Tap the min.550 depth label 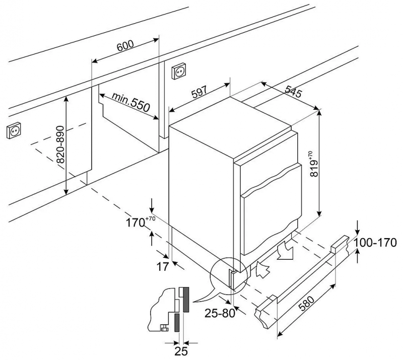pos(131,102)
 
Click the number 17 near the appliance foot pos(161,267)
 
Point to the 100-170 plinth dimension pos(377,243)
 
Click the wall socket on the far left pos(14,131)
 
